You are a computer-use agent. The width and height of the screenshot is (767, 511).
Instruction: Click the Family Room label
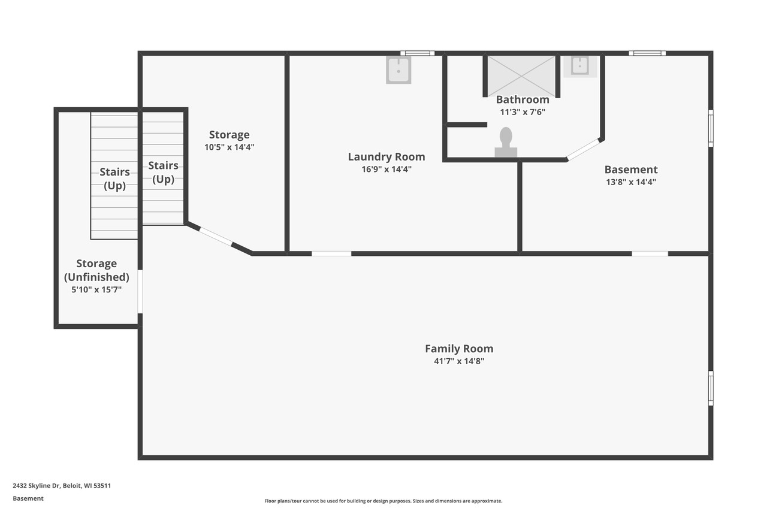[459, 349]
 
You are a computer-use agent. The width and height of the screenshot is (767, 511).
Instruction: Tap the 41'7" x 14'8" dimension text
[459, 361]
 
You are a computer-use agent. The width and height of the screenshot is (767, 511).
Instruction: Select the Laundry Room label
[386, 157]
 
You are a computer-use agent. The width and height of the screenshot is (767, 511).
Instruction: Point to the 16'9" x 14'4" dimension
[386, 170]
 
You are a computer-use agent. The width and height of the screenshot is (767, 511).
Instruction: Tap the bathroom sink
[580, 66]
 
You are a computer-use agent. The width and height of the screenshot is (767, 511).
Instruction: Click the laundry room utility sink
[398, 69]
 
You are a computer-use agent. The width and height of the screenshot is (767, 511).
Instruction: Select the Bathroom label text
[523, 99]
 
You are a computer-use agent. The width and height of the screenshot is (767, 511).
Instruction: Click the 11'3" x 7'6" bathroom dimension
[523, 112]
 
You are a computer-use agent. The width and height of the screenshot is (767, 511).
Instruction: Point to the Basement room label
[631, 170]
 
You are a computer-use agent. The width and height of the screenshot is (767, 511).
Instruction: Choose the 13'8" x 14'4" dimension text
[631, 182]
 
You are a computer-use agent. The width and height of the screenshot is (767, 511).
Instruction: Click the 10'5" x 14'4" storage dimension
[229, 147]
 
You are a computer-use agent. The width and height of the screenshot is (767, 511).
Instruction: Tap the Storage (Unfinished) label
[96, 270]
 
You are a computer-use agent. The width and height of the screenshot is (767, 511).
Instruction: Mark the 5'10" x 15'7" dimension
[96, 289]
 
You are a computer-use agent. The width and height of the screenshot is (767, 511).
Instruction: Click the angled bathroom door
[584, 149]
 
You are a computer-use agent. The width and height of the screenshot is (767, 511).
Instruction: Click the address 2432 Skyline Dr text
[62, 486]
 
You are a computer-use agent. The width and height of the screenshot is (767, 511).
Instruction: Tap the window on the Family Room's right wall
[711, 388]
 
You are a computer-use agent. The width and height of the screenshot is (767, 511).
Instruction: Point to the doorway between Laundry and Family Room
[331, 253]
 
